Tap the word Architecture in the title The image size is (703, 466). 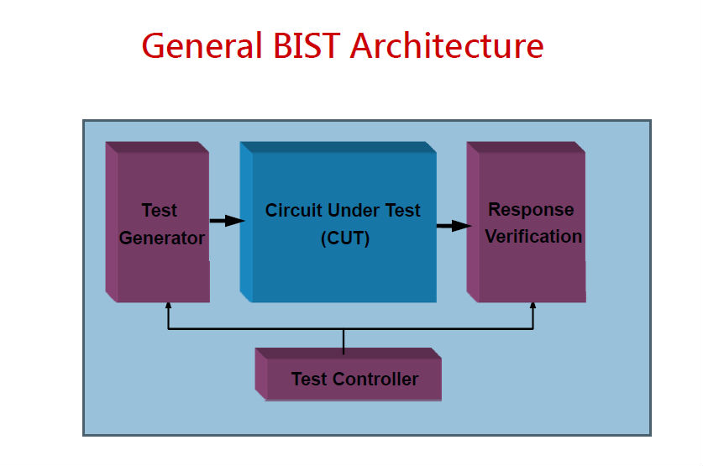coord(446,45)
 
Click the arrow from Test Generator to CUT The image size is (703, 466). coord(225,221)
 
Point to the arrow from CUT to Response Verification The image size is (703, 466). coord(452,225)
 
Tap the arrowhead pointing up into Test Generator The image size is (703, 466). coord(169,307)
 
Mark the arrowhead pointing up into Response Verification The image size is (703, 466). coord(532,307)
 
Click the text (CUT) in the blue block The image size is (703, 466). coord(344,238)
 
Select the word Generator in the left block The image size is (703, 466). coord(162,238)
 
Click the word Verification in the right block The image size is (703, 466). coord(533,237)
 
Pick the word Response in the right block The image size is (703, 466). coord(531,210)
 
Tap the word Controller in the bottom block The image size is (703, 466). coord(375,380)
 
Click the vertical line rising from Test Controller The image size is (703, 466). coord(344,338)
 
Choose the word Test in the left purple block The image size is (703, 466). coord(160,211)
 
